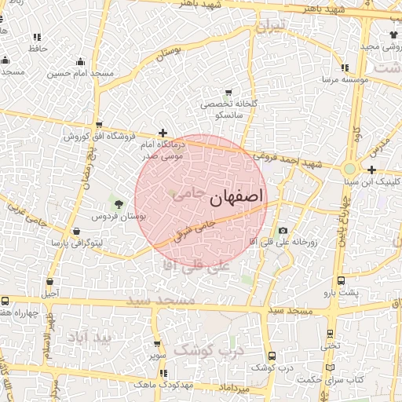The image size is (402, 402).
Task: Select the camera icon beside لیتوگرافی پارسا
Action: click(76, 232)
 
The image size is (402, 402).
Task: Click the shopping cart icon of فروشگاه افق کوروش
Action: click(99, 125)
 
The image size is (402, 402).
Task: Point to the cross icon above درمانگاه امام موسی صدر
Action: click(163, 133)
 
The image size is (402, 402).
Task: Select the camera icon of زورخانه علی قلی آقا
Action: click(283, 231)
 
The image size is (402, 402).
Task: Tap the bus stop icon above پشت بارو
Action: click(341, 280)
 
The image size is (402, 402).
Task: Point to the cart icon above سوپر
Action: click(157, 344)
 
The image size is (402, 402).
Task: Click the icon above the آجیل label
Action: click(50, 282)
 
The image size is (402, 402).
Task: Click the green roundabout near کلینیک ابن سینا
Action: click(349, 168)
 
